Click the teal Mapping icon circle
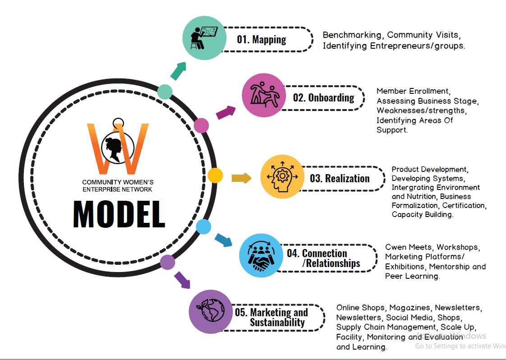pyautogui.click(x=205, y=38)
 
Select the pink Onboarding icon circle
pyautogui.click(x=264, y=95)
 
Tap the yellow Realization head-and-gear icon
pyautogui.click(x=282, y=176)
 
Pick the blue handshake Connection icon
pyautogui.click(x=262, y=255)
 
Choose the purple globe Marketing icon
pyautogui.click(x=211, y=312)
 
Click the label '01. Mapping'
pyautogui.click(x=262, y=40)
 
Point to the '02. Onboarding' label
pyautogui.click(x=324, y=97)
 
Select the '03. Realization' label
pyautogui.click(x=340, y=178)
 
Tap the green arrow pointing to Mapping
pyautogui.click(x=179, y=71)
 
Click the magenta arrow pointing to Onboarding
pyautogui.click(x=225, y=112)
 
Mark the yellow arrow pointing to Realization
pyautogui.click(x=241, y=178)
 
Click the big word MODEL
pyautogui.click(x=119, y=214)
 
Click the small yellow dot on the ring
pyautogui.click(x=215, y=175)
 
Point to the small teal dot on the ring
pyautogui.click(x=165, y=92)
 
